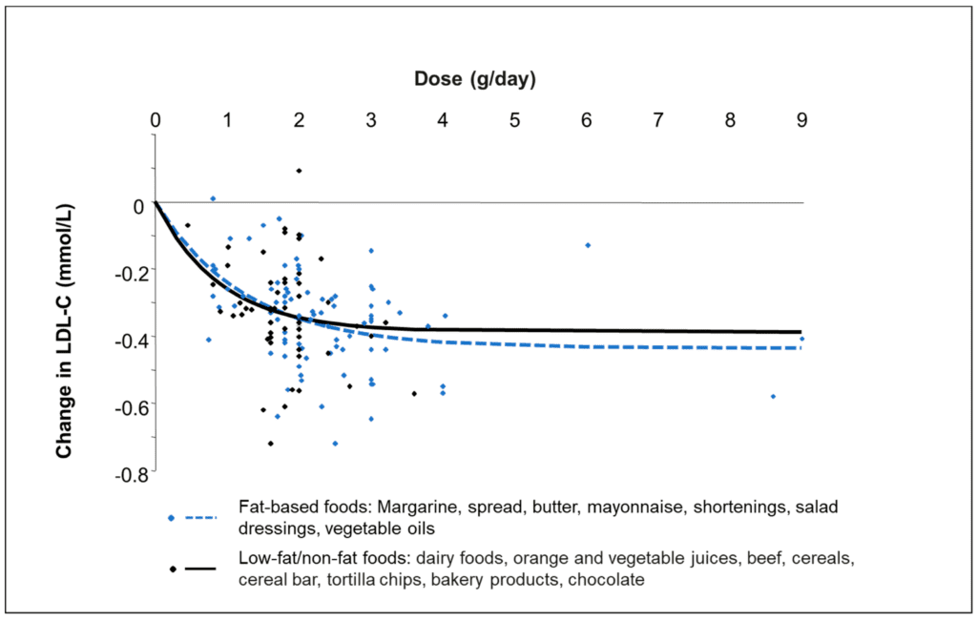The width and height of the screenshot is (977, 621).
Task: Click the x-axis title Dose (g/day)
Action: point(475,79)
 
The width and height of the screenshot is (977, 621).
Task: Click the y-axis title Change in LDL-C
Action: point(64,330)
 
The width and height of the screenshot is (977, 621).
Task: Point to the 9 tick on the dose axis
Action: point(801,120)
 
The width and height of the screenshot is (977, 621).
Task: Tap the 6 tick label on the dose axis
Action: point(586,120)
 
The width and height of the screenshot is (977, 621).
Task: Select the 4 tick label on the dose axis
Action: point(443,120)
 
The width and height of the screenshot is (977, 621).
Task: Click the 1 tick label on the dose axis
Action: point(227,120)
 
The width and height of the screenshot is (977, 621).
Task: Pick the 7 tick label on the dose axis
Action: point(658,120)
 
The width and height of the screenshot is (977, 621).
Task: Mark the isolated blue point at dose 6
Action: point(588,245)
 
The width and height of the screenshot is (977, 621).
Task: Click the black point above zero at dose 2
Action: point(299,171)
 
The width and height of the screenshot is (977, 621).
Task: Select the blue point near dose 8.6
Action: point(773,396)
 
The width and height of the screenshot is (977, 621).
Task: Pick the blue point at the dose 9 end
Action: point(802,339)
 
